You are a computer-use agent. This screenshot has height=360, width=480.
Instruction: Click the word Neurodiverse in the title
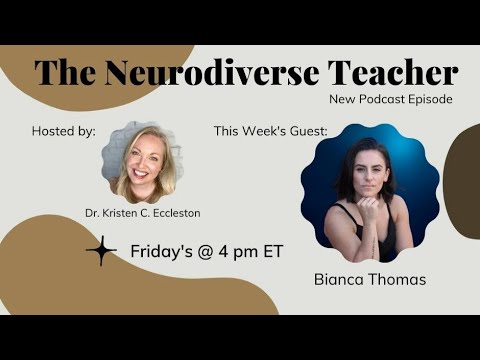pyautogui.click(x=216, y=72)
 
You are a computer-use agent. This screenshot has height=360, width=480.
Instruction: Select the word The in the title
pyautogui.click(x=67, y=72)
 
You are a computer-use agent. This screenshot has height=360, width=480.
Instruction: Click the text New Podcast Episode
pyautogui.click(x=391, y=100)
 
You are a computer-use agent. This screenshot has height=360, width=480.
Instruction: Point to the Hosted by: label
pyautogui.click(x=63, y=131)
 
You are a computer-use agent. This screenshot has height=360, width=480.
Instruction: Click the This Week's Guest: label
pyautogui.click(x=270, y=131)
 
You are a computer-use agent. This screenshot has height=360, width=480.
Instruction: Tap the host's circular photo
pyautogui.click(x=142, y=162)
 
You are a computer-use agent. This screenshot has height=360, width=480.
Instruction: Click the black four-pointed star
pyautogui.click(x=101, y=251)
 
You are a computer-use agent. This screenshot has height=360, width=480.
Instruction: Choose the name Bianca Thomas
pyautogui.click(x=368, y=279)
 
